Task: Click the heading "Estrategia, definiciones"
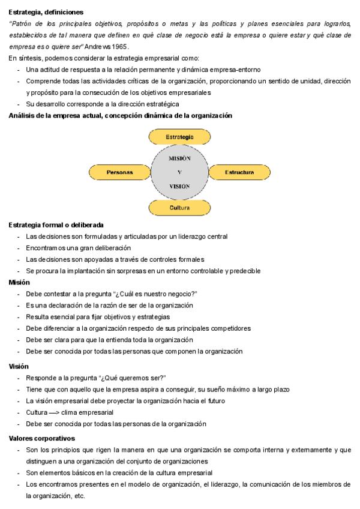46,12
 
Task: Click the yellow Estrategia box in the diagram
179,137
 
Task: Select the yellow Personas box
119,172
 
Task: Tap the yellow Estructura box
239,172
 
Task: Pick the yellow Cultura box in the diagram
179,208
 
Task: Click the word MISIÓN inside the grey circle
179,158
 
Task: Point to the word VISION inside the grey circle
179,186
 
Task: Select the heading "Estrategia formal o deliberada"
56,224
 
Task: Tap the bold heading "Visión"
19,366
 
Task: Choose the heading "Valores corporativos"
41,438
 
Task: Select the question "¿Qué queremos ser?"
132,378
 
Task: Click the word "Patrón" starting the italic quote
21,23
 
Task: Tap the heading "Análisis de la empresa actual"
54,115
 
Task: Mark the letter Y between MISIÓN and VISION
179,172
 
